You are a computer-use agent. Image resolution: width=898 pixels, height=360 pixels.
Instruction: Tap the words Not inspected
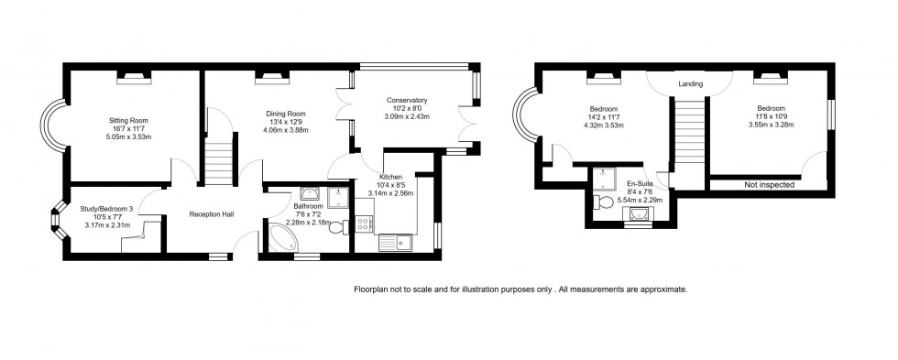(x=769, y=185)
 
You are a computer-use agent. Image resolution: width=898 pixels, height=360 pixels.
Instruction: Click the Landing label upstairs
(x=690, y=84)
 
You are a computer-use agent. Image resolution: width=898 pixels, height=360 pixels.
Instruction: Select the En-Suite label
(x=641, y=183)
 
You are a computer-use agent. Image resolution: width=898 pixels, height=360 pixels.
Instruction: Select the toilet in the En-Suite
(x=602, y=202)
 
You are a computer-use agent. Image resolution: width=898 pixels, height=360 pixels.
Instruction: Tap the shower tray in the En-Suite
(x=606, y=177)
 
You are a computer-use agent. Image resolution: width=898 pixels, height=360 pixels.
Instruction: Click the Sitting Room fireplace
(x=131, y=78)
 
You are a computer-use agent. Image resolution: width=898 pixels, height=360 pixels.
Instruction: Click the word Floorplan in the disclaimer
(x=374, y=289)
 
